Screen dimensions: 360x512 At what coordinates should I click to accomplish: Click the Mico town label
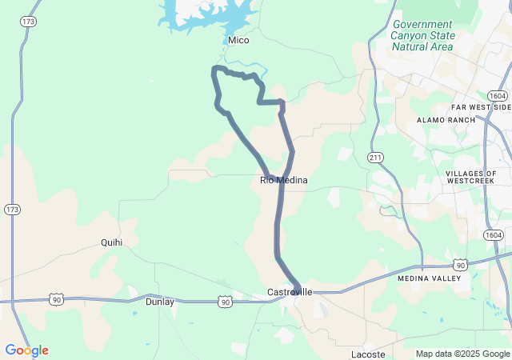(238, 40)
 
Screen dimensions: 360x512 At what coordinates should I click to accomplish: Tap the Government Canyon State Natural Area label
(423, 36)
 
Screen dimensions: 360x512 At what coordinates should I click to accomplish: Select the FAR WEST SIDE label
(480, 106)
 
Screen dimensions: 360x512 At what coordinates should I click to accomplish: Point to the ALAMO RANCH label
(446, 119)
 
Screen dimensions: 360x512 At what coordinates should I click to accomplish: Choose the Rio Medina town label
(284, 180)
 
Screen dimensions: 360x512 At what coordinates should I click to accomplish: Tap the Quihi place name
(112, 242)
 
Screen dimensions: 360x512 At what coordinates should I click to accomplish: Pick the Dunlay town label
(159, 302)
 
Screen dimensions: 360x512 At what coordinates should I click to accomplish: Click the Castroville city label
(289, 294)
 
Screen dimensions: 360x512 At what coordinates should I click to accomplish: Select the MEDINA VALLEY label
(430, 278)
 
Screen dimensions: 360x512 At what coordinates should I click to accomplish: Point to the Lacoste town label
(368, 354)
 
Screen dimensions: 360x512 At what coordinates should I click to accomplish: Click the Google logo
(26, 350)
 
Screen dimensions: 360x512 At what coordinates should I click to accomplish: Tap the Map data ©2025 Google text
(462, 354)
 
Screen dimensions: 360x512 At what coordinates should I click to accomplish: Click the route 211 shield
(376, 157)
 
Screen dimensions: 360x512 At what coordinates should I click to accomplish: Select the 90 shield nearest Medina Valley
(459, 264)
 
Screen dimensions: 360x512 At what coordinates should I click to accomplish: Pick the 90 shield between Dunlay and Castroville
(226, 302)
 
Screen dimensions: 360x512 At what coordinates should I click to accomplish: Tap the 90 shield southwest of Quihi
(55, 298)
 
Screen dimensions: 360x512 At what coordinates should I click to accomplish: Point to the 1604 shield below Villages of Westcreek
(493, 234)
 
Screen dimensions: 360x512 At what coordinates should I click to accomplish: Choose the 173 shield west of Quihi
(12, 210)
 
